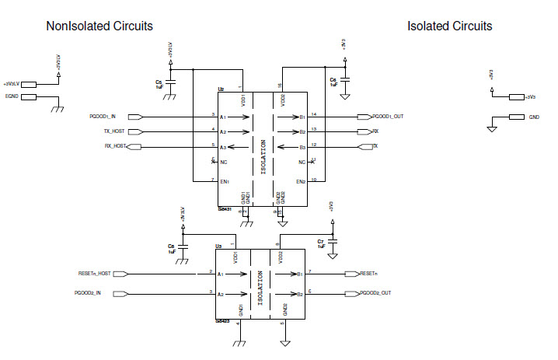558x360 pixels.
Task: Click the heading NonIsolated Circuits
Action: click(99, 26)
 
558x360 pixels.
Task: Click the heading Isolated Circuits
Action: click(449, 26)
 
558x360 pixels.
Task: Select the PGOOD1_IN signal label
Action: click(103, 117)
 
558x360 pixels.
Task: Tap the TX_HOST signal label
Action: click(113, 131)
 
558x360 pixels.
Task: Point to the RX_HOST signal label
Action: click(115, 146)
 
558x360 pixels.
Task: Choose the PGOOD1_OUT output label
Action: click(387, 117)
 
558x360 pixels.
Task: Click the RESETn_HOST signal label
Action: click(94, 274)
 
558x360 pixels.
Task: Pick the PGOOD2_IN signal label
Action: click(88, 293)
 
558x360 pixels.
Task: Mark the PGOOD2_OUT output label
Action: click(375, 293)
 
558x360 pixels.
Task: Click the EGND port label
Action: click(12, 96)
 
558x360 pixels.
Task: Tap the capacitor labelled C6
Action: click(346, 80)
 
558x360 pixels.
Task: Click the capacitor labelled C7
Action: click(333, 243)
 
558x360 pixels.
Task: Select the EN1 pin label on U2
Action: click(225, 182)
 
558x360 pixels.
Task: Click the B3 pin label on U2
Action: click(302, 147)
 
